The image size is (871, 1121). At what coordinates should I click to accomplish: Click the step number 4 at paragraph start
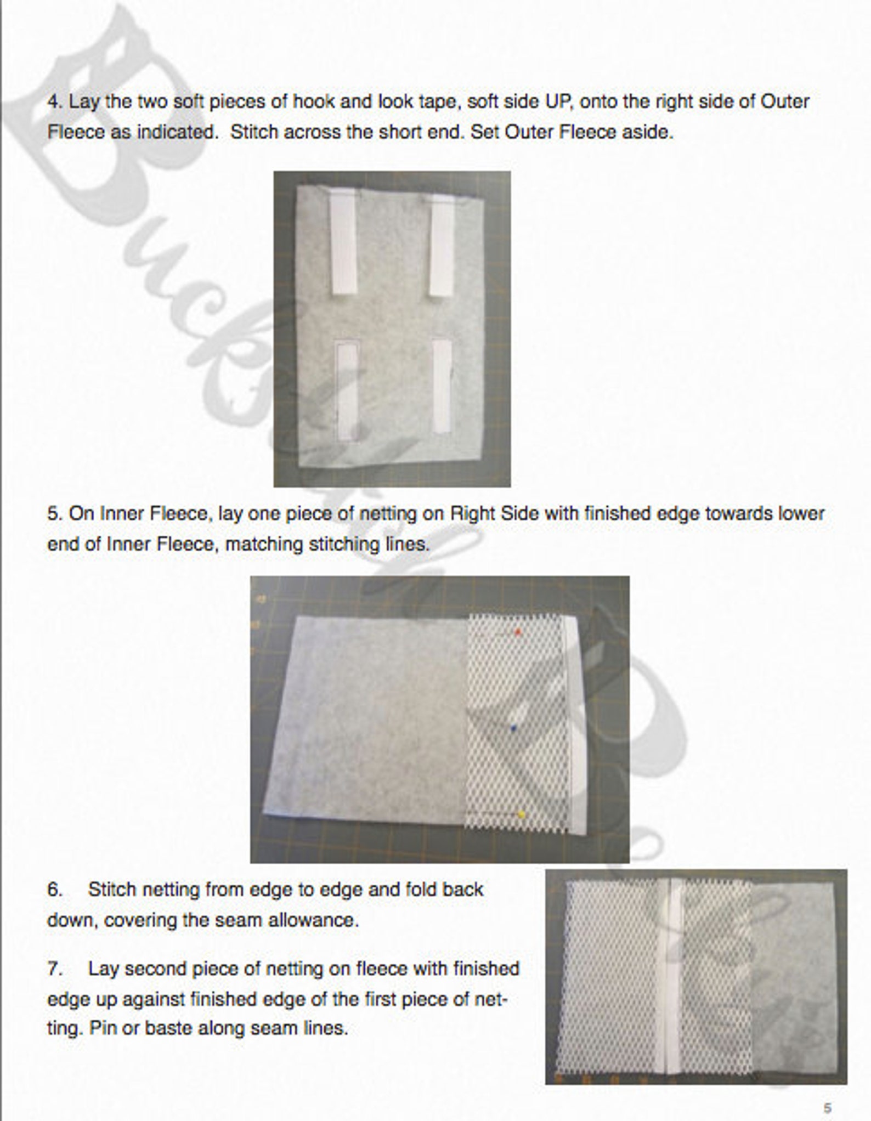point(53,102)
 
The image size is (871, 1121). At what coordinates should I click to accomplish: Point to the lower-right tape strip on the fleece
point(442,386)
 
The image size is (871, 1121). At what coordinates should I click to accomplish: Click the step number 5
point(53,514)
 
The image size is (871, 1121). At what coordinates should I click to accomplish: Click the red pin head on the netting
point(518,632)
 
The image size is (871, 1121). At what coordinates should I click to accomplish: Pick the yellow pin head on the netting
point(522,814)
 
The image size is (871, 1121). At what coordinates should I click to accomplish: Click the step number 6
point(54,889)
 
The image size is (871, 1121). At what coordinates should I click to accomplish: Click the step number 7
point(54,969)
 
